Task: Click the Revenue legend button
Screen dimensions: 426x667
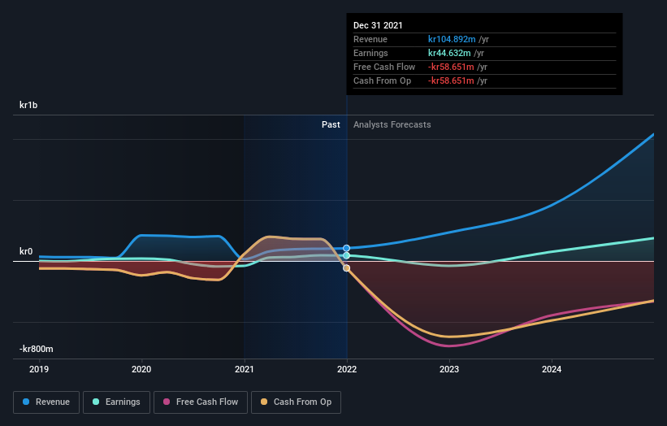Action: pos(47,402)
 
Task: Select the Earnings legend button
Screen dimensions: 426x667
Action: pos(116,402)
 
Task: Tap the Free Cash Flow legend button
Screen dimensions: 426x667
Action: pos(200,402)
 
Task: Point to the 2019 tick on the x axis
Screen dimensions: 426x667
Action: pos(39,368)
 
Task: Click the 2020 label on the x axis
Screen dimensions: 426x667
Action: pos(141,368)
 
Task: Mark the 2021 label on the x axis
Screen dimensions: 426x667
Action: pos(244,368)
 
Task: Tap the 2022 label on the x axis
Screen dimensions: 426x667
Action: pos(347,368)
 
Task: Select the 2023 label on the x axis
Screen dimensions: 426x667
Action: pos(449,368)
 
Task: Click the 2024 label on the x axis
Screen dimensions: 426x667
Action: pos(552,368)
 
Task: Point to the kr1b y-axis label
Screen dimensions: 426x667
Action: pos(30,106)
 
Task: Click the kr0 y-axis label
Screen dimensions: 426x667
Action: pos(26,252)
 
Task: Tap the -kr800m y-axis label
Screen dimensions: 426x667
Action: pos(37,349)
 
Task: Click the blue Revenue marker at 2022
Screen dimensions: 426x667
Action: pos(347,248)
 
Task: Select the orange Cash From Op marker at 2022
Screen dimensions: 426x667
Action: pos(347,268)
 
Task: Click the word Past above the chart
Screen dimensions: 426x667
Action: pos(331,124)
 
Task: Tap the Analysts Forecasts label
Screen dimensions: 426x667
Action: pos(392,124)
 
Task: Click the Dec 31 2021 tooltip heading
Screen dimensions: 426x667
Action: pos(378,26)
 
